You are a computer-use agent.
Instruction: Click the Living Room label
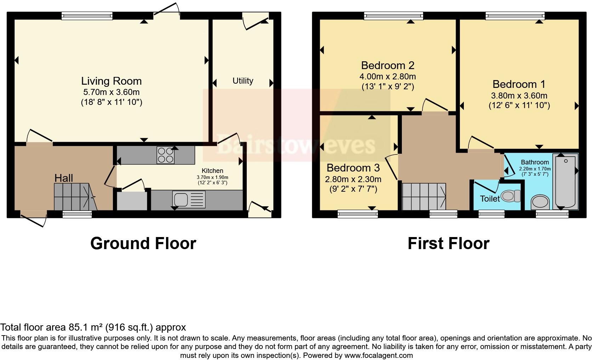(x=112, y=81)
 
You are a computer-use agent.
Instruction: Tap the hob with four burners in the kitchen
(x=166, y=155)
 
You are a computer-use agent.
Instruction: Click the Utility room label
(x=243, y=81)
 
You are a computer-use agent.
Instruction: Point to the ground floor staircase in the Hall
(x=75, y=197)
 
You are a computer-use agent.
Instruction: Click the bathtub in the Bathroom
(x=565, y=182)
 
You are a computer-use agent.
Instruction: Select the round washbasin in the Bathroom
(x=541, y=202)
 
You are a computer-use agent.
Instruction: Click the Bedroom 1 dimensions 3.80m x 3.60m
(x=519, y=96)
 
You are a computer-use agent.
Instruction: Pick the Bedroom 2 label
(x=388, y=66)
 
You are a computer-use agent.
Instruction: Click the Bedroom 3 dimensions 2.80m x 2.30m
(x=353, y=179)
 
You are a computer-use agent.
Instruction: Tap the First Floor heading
(x=448, y=243)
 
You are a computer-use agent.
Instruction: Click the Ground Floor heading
(x=143, y=243)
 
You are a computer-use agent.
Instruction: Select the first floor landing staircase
(x=424, y=196)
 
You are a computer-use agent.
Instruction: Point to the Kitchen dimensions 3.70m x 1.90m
(x=212, y=177)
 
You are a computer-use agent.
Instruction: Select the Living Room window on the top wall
(x=87, y=15)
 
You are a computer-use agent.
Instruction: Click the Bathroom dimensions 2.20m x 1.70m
(x=535, y=169)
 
